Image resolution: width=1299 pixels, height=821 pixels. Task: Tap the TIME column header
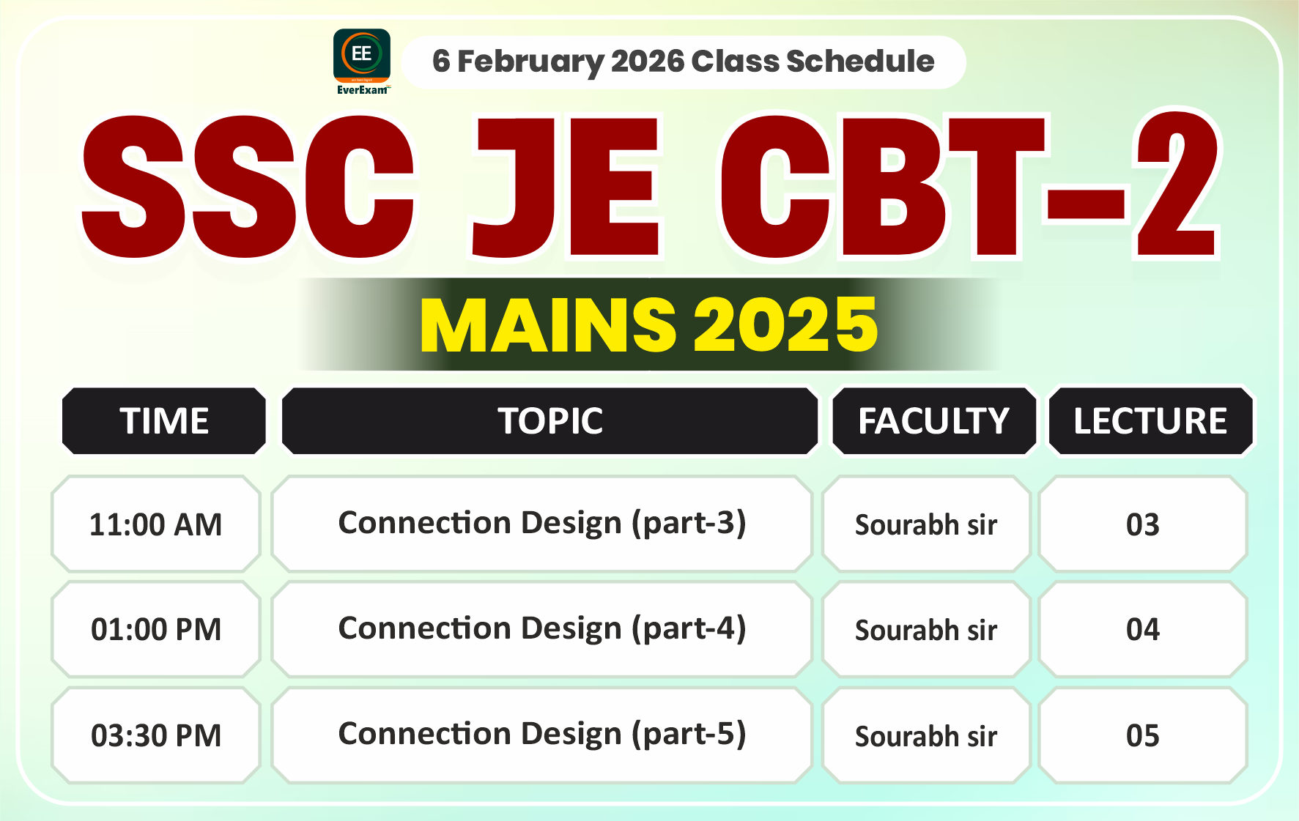coord(164,421)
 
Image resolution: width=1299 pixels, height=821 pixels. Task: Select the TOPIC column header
coord(550,421)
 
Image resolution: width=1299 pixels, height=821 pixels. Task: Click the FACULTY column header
coord(933,421)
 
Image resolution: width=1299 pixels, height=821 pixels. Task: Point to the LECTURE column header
coord(1150,421)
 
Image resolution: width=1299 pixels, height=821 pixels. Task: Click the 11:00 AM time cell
coord(156,524)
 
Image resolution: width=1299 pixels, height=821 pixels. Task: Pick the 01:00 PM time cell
coord(156,630)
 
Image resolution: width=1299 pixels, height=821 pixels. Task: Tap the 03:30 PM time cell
coord(156,735)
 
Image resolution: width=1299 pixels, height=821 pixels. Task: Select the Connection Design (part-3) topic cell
coord(542,524)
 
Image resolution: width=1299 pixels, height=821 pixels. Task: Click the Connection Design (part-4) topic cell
coord(542,629)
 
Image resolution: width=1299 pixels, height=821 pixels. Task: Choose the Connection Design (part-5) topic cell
coord(542,735)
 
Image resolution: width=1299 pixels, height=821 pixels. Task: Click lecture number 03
coord(1143,524)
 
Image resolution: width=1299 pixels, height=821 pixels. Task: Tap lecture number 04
coord(1143,630)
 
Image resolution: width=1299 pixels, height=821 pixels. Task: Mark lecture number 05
coord(1143,735)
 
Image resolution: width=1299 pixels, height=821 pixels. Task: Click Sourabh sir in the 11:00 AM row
coord(926,525)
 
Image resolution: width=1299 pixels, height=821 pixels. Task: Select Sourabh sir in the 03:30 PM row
coord(926,736)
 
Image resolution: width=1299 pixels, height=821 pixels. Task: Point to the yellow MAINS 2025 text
coord(649,325)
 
